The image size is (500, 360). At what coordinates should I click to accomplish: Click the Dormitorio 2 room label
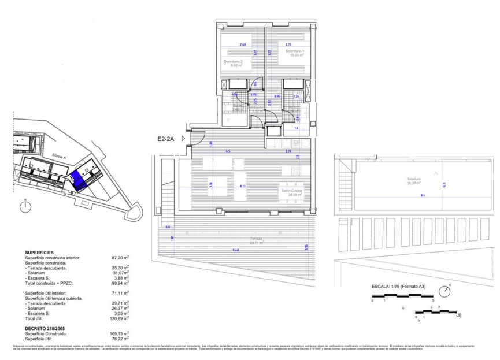click(x=233, y=62)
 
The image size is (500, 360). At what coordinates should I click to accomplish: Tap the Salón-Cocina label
click(x=292, y=190)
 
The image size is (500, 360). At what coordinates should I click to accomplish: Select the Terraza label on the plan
click(x=257, y=239)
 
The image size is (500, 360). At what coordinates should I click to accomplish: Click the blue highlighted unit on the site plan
click(x=77, y=180)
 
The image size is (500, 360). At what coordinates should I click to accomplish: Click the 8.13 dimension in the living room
click(x=241, y=186)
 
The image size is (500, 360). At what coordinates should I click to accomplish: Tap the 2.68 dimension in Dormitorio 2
click(x=243, y=44)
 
